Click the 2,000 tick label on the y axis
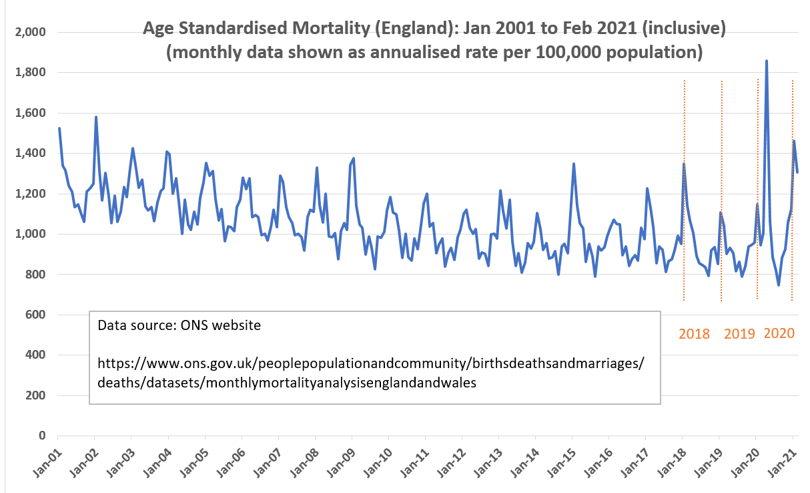point(31,32)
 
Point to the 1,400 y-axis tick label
point(31,153)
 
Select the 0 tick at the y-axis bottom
point(41,436)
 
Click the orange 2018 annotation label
point(695,333)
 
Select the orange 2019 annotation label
point(739,333)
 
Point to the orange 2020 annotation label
point(779,333)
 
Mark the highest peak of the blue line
point(766,61)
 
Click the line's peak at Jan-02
point(96,117)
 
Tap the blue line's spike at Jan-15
point(574,164)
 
